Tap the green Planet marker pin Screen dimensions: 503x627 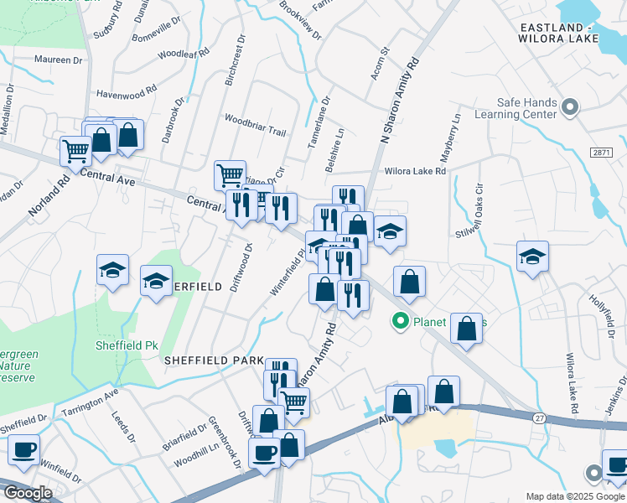(401, 319)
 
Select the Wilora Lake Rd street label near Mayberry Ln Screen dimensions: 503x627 (415, 171)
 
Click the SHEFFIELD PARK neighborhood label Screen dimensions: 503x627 (214, 360)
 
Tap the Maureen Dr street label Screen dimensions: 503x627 (59, 60)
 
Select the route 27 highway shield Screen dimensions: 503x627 (539, 417)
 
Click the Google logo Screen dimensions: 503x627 (27, 493)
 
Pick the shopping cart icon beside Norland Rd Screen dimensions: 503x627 (75, 151)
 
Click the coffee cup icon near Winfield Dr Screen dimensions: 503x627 (23, 449)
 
